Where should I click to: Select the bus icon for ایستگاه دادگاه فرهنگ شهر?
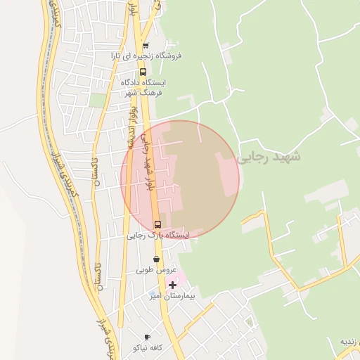coord(143,72)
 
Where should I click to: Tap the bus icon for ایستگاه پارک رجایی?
coord(157,225)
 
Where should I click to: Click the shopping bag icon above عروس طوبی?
coord(155,259)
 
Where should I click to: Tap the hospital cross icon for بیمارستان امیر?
coord(172,285)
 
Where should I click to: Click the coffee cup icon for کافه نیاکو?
coord(147,337)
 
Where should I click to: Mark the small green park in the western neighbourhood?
coord(98,100)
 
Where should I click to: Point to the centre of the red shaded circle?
coord(180,179)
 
